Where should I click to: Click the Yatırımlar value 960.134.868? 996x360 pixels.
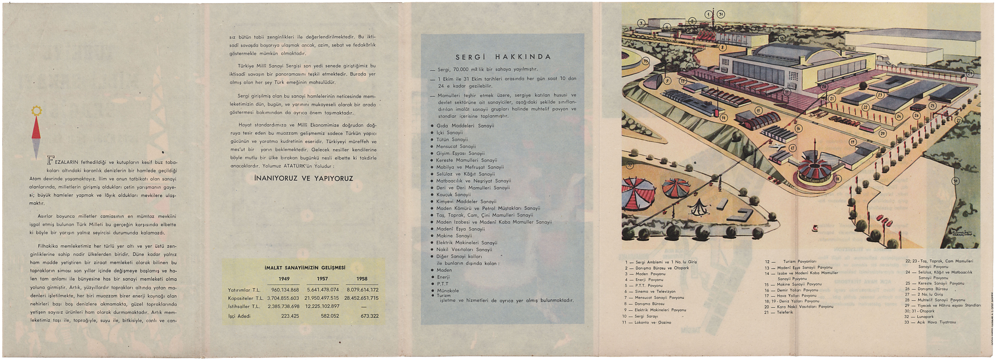point(285,290)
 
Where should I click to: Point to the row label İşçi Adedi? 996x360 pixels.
point(239,316)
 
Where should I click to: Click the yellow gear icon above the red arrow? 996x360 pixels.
point(36,111)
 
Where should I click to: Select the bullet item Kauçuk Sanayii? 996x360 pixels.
point(453,194)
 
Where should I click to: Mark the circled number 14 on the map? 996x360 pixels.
point(723,118)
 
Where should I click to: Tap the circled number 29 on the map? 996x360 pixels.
point(970,73)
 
